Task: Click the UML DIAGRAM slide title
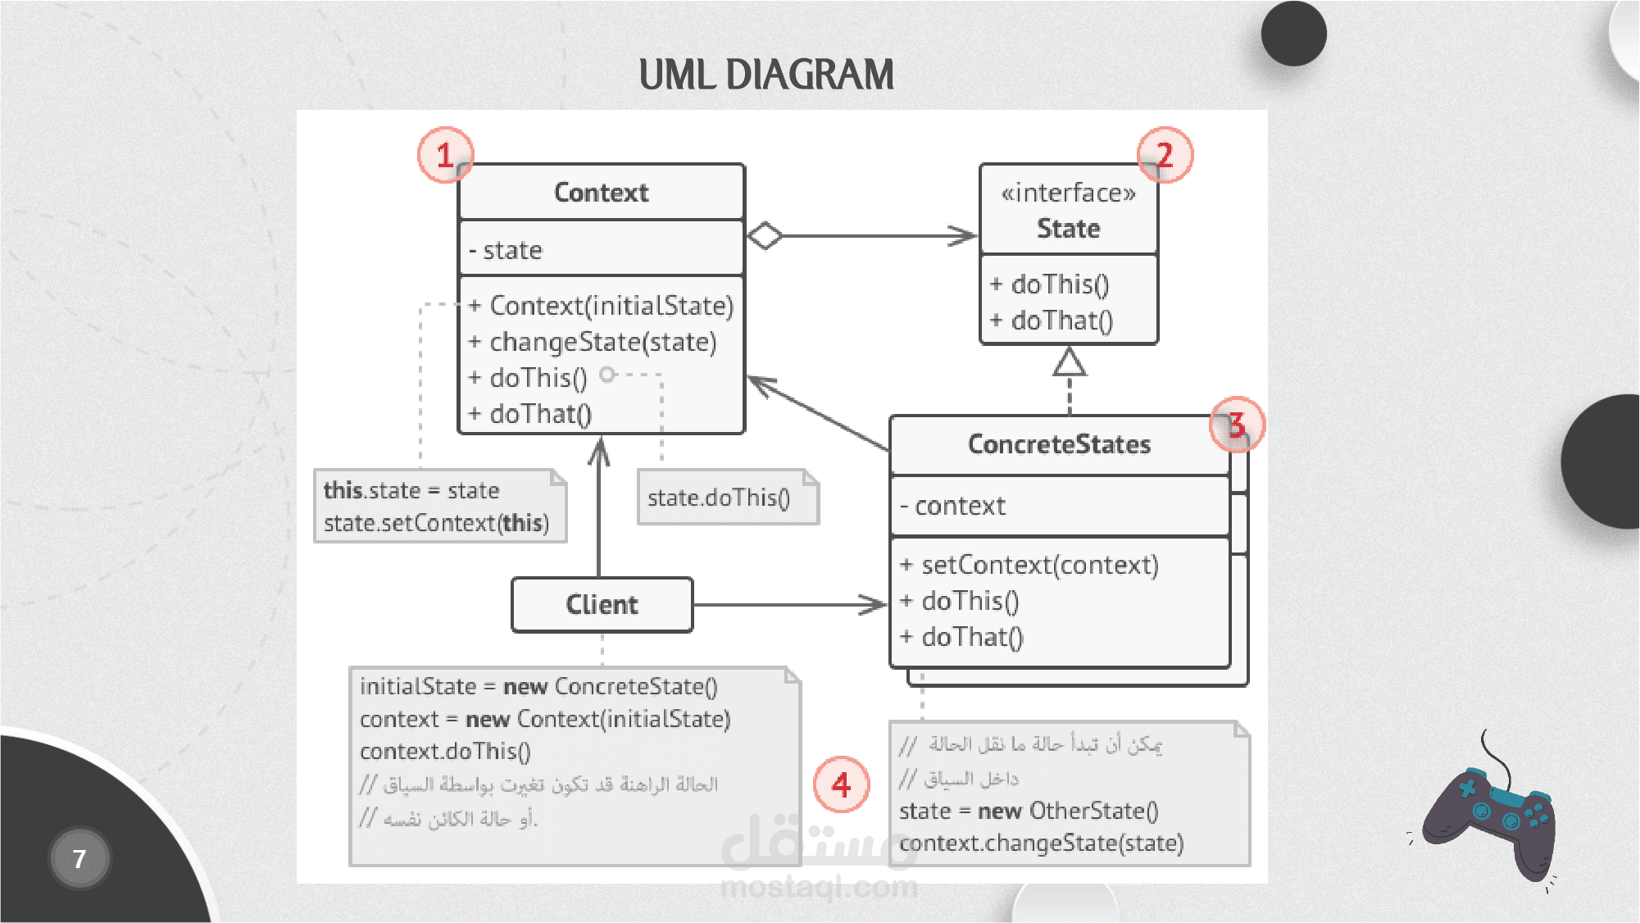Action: click(765, 75)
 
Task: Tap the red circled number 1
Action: click(445, 155)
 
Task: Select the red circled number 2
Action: click(1165, 155)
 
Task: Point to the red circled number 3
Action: click(1237, 425)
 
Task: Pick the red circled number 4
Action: click(841, 784)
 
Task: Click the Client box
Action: click(602, 605)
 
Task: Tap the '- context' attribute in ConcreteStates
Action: click(953, 506)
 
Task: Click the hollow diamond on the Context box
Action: click(765, 236)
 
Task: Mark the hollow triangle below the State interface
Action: click(1070, 361)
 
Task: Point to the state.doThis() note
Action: click(719, 498)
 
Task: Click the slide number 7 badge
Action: click(80, 858)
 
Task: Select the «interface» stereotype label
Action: click(1068, 193)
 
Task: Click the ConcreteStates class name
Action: click(1059, 444)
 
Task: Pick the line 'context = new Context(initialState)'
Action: click(545, 719)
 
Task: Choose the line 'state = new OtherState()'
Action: click(1029, 811)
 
